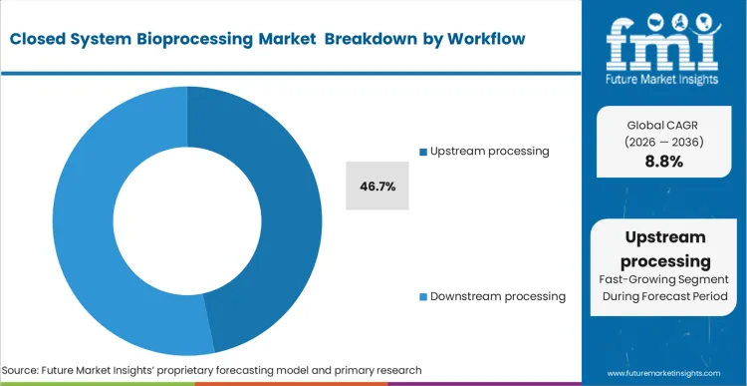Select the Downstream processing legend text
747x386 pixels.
[498, 296]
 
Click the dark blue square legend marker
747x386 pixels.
[422, 152]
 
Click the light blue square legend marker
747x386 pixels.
[422, 297]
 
